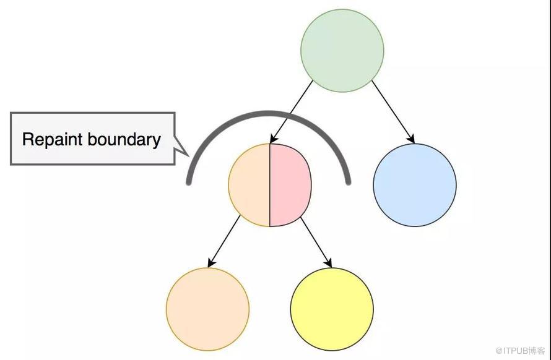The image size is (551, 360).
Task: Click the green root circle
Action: coord(342,51)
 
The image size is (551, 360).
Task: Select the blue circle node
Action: coord(415,185)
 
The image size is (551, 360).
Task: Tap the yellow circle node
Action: coord(332,309)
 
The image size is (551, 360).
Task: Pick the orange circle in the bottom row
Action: coord(207,309)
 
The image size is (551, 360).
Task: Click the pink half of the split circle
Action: coord(290,185)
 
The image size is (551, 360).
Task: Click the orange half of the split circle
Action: coord(249,185)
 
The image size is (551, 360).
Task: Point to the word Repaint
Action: coord(53,140)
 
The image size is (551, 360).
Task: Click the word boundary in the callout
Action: coord(124,139)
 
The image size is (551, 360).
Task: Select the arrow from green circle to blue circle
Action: coord(393,112)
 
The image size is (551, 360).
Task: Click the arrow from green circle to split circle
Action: coord(292,112)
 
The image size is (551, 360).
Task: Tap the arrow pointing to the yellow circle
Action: coord(316,242)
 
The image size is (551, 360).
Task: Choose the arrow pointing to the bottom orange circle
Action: coord(224,241)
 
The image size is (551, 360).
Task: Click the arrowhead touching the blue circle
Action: coord(411,139)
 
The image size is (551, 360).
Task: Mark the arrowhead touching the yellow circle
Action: coord(328,263)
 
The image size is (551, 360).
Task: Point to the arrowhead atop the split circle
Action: coord(274,139)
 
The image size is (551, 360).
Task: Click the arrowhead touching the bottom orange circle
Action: coord(212,263)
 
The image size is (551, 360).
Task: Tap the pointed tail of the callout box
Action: coord(188,156)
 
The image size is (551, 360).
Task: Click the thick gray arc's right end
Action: coord(348,182)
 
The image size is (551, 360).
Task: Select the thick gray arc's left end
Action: coord(189,182)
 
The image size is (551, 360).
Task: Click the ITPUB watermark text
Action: coord(521,351)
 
